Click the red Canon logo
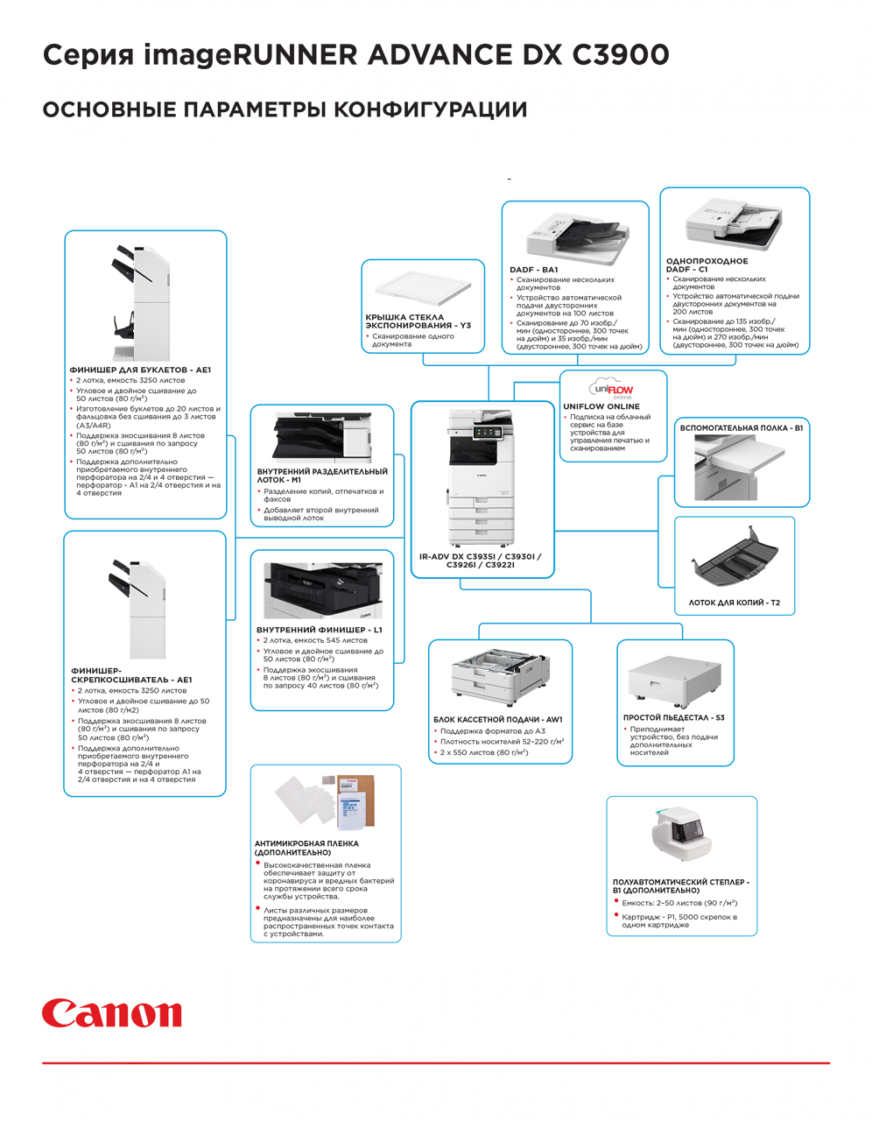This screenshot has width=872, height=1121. tap(111, 1013)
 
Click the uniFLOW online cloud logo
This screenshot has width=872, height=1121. tap(612, 390)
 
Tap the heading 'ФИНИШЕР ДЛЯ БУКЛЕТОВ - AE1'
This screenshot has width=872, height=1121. tap(140, 370)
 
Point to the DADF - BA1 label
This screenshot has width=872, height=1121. tap(534, 269)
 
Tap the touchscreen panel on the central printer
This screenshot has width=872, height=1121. tap(488, 432)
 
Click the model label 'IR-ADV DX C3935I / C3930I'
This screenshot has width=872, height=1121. tap(480, 557)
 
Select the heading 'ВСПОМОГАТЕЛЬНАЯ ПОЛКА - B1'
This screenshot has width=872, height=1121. tap(741, 427)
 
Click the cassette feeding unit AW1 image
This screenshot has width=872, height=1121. tap(500, 677)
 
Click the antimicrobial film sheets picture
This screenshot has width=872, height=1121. tap(325, 801)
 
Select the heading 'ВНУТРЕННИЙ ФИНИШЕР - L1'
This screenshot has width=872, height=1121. tap(320, 630)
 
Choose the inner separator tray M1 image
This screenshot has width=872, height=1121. tap(322, 437)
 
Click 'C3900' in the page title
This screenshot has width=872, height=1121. tap(621, 54)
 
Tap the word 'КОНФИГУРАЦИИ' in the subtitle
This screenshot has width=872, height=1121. tap(431, 109)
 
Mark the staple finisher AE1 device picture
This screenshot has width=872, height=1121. tap(137, 609)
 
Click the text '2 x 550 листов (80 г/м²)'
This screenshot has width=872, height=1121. tap(483, 752)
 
